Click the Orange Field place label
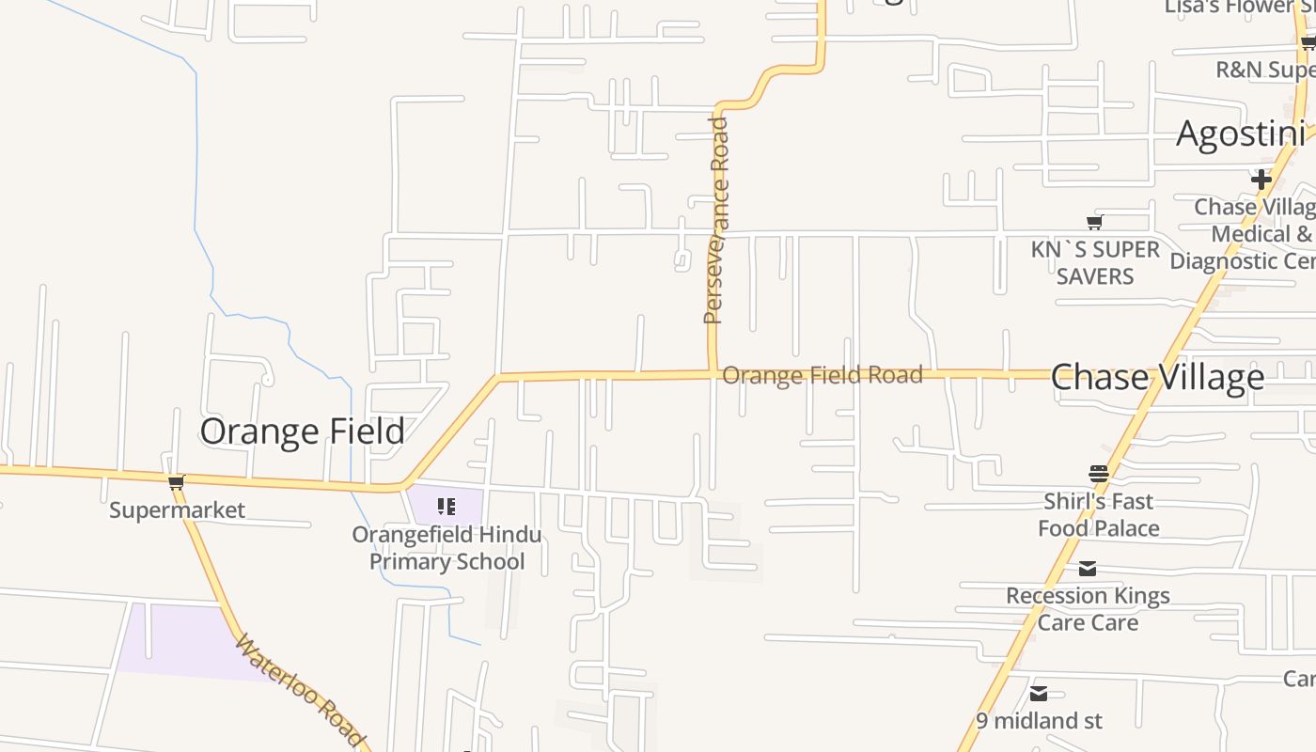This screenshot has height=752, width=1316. pyautogui.click(x=302, y=431)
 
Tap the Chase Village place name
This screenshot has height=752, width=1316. pyautogui.click(x=1156, y=377)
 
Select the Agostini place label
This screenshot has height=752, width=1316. pyautogui.click(x=1241, y=134)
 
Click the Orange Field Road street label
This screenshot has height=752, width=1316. pyautogui.click(x=822, y=375)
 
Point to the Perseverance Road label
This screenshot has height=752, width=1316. pyautogui.click(x=716, y=221)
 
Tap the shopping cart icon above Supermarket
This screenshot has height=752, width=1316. pyautogui.click(x=176, y=483)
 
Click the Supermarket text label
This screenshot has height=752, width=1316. pyautogui.click(x=177, y=510)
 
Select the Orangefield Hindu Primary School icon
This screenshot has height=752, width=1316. pyautogui.click(x=446, y=508)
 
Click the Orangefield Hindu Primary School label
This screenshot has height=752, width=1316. pyautogui.click(x=446, y=548)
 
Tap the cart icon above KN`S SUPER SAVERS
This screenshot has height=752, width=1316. pyautogui.click(x=1094, y=223)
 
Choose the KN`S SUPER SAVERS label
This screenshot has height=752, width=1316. pyautogui.click(x=1095, y=262)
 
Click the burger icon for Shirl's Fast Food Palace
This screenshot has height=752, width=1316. pyautogui.click(x=1098, y=473)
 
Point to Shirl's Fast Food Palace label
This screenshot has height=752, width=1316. pyautogui.click(x=1098, y=514)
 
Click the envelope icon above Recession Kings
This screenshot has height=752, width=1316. pyautogui.click(x=1088, y=569)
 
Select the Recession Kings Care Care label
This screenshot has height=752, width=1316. pyautogui.click(x=1088, y=608)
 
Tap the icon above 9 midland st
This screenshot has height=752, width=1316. pyautogui.click(x=1039, y=694)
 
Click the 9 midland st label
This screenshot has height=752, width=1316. pyautogui.click(x=1039, y=721)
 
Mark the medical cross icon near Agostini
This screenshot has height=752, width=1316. pyautogui.click(x=1261, y=179)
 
